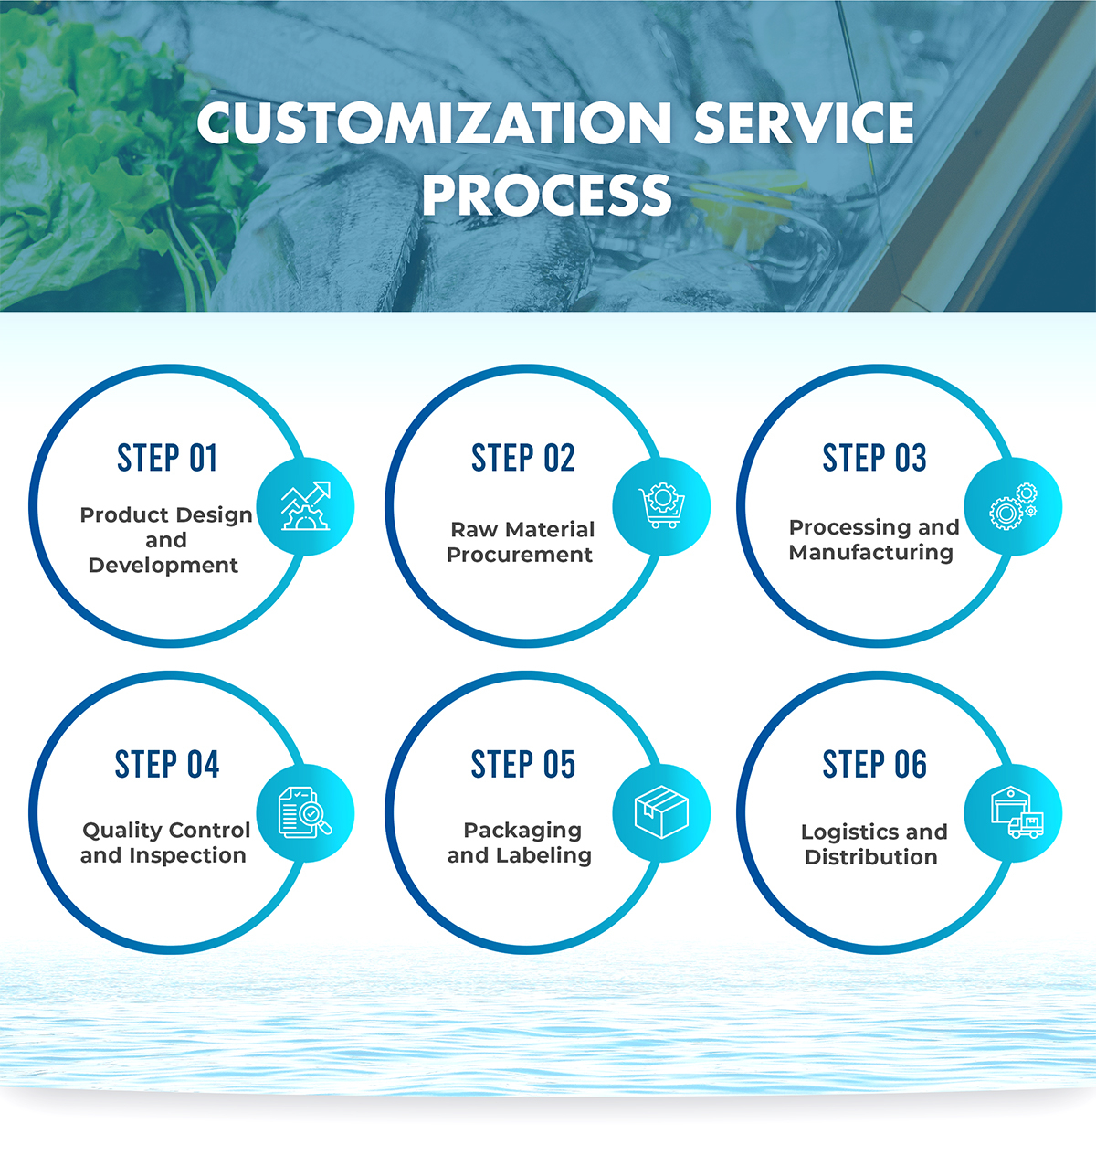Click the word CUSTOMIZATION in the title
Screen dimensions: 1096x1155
[x=434, y=123]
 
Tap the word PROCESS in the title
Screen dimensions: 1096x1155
[x=546, y=195]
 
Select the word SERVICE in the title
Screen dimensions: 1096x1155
[x=803, y=123]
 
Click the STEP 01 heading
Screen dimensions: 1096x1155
[x=167, y=458]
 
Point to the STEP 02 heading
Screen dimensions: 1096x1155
[x=523, y=458]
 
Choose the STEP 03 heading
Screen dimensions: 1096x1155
[x=874, y=458]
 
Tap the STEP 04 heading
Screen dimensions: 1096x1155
[x=167, y=764]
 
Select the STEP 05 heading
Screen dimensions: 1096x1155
[x=523, y=764]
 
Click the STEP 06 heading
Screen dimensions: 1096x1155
[x=874, y=764]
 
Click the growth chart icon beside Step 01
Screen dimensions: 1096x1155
[x=305, y=506]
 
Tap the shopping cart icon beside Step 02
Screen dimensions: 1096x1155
[x=661, y=506]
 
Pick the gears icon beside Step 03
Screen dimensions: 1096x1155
[x=1013, y=506]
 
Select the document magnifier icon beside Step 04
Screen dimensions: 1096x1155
[x=305, y=812]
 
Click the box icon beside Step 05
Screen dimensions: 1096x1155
[x=661, y=812]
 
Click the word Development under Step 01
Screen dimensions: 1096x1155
[x=163, y=566]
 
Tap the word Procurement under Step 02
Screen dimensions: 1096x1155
[x=520, y=555]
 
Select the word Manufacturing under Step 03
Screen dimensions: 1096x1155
[x=871, y=553]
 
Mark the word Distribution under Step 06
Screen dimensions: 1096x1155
[x=871, y=857]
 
